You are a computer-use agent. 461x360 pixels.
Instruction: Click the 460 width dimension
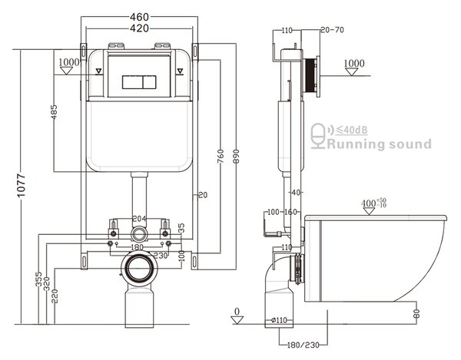pos(139,17)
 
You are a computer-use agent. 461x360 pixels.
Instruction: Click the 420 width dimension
pos(139,28)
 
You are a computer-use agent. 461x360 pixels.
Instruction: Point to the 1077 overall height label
pos(21,186)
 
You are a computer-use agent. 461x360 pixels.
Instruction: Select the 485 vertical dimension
pos(54,112)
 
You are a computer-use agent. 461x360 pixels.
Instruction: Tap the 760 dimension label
pos(221,157)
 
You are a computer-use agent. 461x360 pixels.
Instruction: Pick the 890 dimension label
pos(236,157)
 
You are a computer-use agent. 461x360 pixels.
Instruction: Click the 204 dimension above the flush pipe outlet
pos(139,219)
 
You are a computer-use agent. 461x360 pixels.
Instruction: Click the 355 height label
pos(39,279)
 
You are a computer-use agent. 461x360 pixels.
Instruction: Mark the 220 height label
pos(55,296)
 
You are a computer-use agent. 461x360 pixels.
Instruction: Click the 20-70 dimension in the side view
pos(332,30)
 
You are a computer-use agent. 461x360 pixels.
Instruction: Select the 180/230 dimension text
pos(303,345)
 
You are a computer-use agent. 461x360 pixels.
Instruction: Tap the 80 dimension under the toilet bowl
pos(416,314)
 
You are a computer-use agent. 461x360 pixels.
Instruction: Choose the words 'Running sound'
pos(380,144)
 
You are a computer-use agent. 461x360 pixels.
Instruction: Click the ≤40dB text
pos(352,130)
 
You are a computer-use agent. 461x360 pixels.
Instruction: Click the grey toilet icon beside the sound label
pos(318,136)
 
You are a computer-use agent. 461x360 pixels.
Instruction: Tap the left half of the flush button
pos(133,82)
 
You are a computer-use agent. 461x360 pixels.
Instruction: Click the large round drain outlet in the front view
pos(139,269)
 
